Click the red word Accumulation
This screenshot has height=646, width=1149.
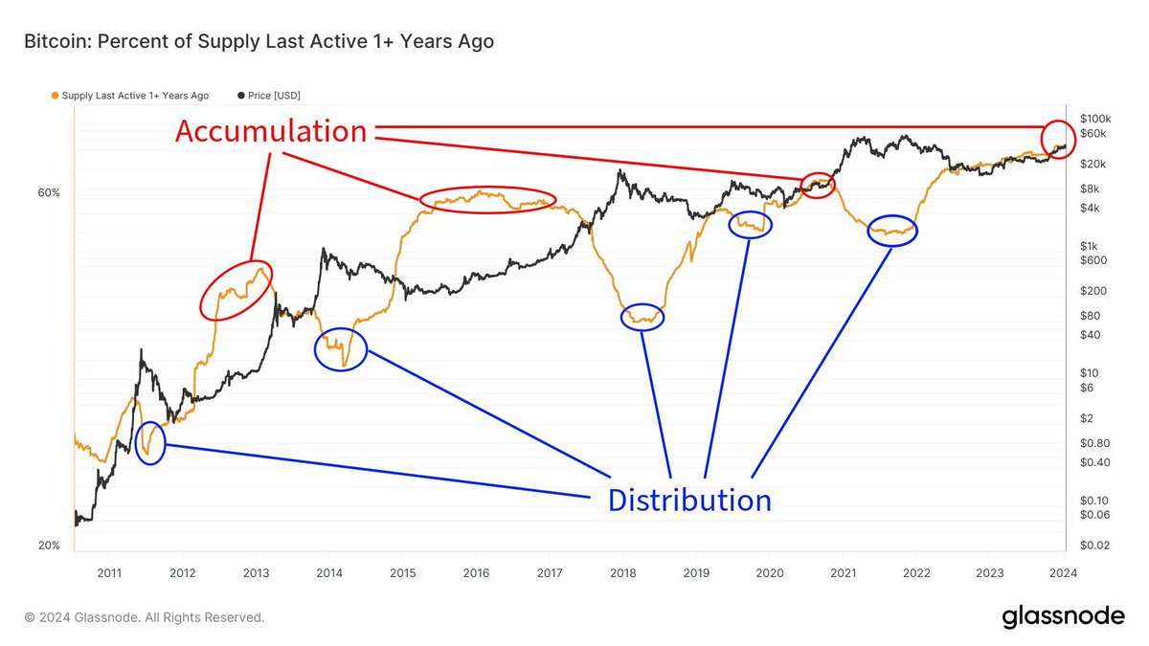(271, 131)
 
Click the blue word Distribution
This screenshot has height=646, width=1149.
(689, 500)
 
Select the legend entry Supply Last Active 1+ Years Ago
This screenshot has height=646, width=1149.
(134, 96)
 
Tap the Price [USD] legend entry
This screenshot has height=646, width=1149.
(275, 96)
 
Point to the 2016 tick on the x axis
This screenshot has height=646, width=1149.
(476, 572)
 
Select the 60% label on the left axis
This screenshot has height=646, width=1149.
(49, 192)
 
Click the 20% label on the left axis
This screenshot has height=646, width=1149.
(49, 546)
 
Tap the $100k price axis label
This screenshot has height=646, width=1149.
(1094, 117)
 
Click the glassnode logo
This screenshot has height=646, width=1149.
(1063, 617)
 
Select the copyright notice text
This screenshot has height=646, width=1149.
(145, 617)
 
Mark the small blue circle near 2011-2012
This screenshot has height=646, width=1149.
(150, 442)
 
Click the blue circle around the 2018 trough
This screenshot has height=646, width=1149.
(642, 317)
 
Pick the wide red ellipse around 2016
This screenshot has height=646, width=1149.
(486, 199)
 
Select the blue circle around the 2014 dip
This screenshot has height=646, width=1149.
(340, 349)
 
